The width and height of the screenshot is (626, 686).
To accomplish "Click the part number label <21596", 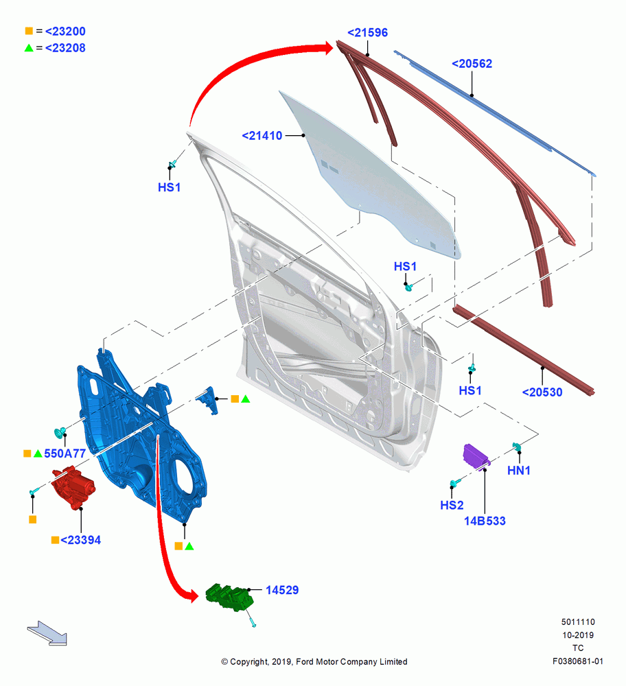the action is pos(367,32).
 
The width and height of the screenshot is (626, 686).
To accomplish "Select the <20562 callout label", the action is pos(472,63).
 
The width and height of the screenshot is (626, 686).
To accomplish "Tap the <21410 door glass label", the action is pos(262,136).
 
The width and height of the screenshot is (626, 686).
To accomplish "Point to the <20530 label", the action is pos(542,392).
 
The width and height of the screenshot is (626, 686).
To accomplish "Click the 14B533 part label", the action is pos(485,521).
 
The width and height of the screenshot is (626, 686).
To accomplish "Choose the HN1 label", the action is pos(519,471).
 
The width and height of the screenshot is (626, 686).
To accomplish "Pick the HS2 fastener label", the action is pos(452,505).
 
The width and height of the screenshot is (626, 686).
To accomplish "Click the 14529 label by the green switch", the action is pos(282,590).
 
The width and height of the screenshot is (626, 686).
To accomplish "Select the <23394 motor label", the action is pos(80,540).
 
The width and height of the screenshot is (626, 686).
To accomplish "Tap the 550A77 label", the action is pos(65,453).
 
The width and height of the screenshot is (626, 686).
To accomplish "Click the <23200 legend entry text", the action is pos(65,31).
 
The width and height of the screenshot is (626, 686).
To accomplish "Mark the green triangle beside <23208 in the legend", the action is pos(29,48).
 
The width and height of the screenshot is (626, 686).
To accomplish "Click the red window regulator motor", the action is pos(73,487).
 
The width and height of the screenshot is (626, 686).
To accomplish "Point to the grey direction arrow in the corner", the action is pos(47,633).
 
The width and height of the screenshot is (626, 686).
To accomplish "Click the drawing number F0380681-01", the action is pos(578,661).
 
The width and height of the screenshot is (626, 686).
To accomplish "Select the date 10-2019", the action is pos(578,635).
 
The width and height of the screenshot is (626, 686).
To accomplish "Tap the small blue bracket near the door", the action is pos(207,401).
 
